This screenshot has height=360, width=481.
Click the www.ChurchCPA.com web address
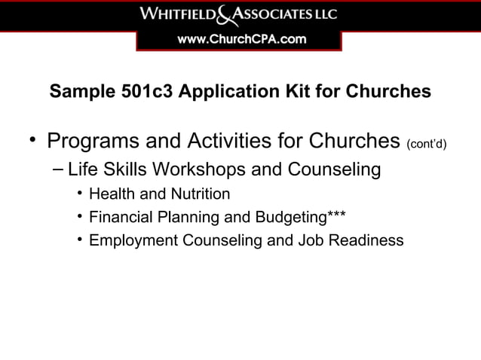(240, 40)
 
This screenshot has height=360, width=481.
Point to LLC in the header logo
(326, 14)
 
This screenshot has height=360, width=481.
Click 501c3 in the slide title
(140, 92)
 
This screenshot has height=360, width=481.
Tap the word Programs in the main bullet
(91, 142)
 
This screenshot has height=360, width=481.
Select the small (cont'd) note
(427, 144)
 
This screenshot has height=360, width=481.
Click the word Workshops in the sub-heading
(198, 169)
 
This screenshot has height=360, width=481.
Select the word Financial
(121, 218)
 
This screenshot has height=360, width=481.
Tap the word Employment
(130, 241)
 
